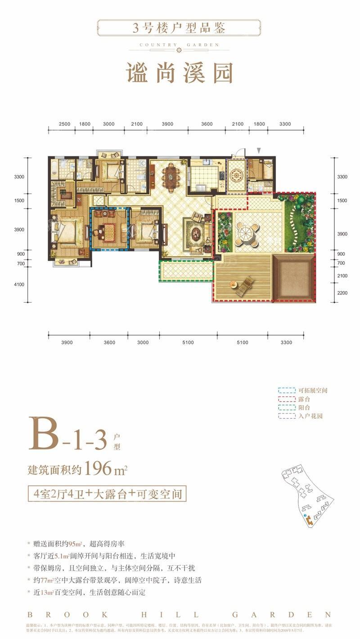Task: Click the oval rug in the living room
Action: (x=197, y=233)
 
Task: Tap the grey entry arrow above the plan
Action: (x=259, y=150)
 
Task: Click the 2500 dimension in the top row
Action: (x=64, y=124)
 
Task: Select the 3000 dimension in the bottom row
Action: (x=143, y=343)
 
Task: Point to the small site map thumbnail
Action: (x=307, y=496)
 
